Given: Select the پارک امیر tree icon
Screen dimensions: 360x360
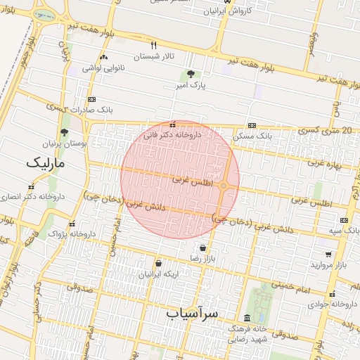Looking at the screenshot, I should (x=191, y=74).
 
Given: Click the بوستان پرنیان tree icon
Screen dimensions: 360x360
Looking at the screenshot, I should (x=64, y=132).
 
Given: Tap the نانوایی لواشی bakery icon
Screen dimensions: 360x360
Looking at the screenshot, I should (x=104, y=57).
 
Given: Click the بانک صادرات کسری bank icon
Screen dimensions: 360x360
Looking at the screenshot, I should (x=92, y=100).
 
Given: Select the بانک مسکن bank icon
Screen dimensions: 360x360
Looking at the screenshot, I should (x=252, y=124).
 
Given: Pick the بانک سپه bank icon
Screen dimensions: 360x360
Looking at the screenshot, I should (x=344, y=220).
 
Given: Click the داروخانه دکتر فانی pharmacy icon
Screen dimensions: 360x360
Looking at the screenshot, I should (x=173, y=124).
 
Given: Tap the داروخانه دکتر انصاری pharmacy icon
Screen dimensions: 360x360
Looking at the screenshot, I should (x=32, y=186).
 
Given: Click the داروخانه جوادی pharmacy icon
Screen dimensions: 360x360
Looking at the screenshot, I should (x=334, y=294).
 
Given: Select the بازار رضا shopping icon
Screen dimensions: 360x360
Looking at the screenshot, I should (x=203, y=247).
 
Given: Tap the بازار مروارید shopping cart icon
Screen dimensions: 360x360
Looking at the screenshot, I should (x=328, y=254).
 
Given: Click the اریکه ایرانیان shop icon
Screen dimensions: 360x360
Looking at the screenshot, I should (x=159, y=263).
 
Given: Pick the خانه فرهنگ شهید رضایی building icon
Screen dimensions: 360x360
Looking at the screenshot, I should (x=247, y=318).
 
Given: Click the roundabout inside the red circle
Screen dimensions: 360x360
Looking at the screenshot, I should (x=223, y=186).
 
